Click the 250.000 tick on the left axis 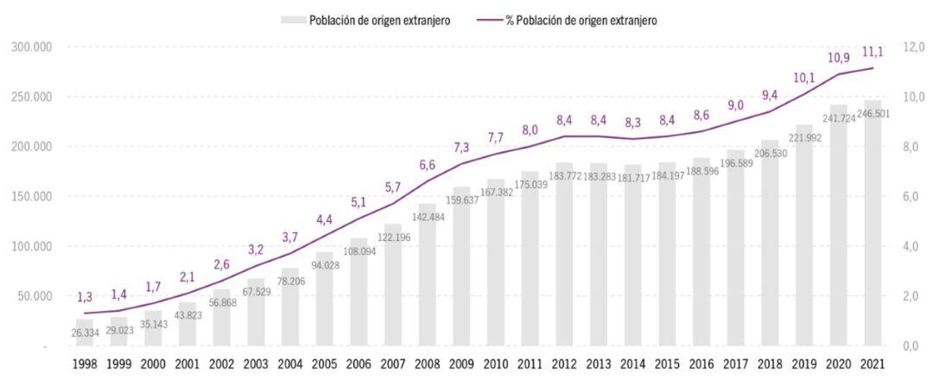[x=29, y=97]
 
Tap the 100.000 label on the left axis [x=29, y=246]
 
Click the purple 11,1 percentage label [x=873, y=53]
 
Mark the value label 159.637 [x=461, y=199]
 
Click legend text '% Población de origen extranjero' [x=581, y=20]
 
